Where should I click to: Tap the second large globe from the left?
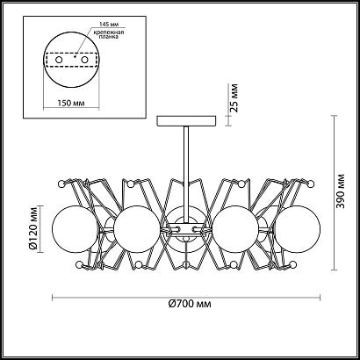tap(136, 230)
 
